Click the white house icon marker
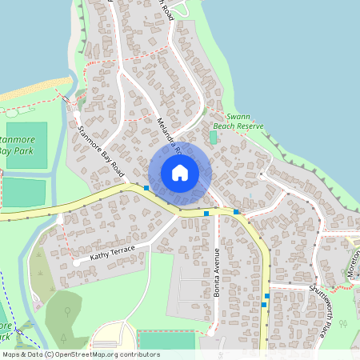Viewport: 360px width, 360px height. pyautogui.click(x=180, y=172)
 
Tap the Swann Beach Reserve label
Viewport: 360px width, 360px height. pyautogui.click(x=238, y=121)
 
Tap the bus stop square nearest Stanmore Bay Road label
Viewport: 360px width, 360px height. pyautogui.click(x=146, y=188)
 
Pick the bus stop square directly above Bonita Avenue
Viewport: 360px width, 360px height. pyautogui.click(x=206, y=214)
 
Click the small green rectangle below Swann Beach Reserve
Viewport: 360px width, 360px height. pyautogui.click(x=213, y=138)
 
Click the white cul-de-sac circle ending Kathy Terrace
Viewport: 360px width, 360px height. pyautogui.click(x=75, y=262)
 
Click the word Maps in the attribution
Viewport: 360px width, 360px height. pyautogui.click(x=12, y=354)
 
